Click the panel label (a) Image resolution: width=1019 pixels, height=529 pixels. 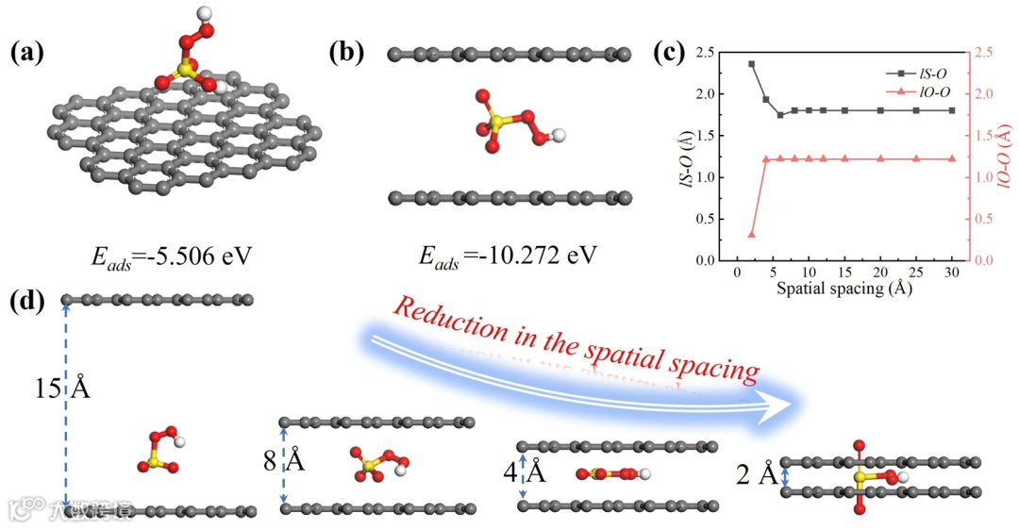tap(26, 53)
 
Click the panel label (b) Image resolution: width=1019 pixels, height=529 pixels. tap(345, 53)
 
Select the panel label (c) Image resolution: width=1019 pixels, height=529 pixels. tap(673, 53)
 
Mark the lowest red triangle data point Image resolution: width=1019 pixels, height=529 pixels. tap(752, 234)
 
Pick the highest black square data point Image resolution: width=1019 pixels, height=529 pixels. tap(752, 64)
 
